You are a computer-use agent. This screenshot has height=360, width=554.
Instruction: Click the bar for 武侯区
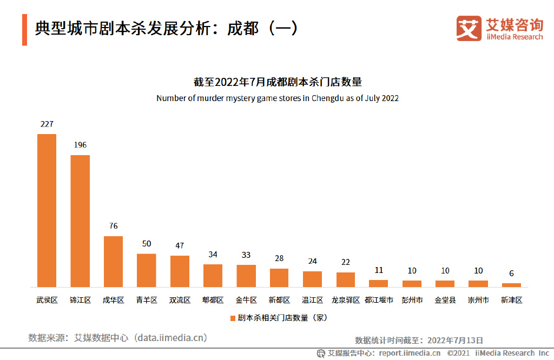(47, 210)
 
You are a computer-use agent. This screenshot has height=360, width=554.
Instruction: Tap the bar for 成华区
(113, 261)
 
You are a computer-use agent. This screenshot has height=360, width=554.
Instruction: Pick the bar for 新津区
(511, 285)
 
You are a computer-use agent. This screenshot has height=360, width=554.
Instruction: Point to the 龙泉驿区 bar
(346, 279)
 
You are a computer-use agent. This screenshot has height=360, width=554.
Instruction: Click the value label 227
(47, 124)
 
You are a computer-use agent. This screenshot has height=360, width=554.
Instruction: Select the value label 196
(80, 145)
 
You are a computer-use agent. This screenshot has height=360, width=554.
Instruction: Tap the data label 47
(180, 245)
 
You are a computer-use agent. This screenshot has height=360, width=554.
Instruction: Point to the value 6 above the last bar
(511, 274)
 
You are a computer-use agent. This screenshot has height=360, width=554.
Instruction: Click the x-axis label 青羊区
(147, 300)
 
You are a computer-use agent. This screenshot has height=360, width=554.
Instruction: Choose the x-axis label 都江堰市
(379, 300)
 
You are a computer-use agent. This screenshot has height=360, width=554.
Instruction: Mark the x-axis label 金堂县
(445, 300)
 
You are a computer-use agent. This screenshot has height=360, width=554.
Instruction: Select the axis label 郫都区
(213, 300)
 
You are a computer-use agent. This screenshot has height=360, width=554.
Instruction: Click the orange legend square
(233, 318)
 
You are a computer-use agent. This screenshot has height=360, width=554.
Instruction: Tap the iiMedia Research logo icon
(469, 28)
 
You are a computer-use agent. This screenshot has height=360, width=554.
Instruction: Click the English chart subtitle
(277, 98)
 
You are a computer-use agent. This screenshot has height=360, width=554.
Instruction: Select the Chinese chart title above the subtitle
(277, 82)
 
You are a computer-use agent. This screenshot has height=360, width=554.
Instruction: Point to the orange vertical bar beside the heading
(24, 30)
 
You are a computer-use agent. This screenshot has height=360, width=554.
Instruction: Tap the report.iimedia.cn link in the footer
(410, 353)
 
